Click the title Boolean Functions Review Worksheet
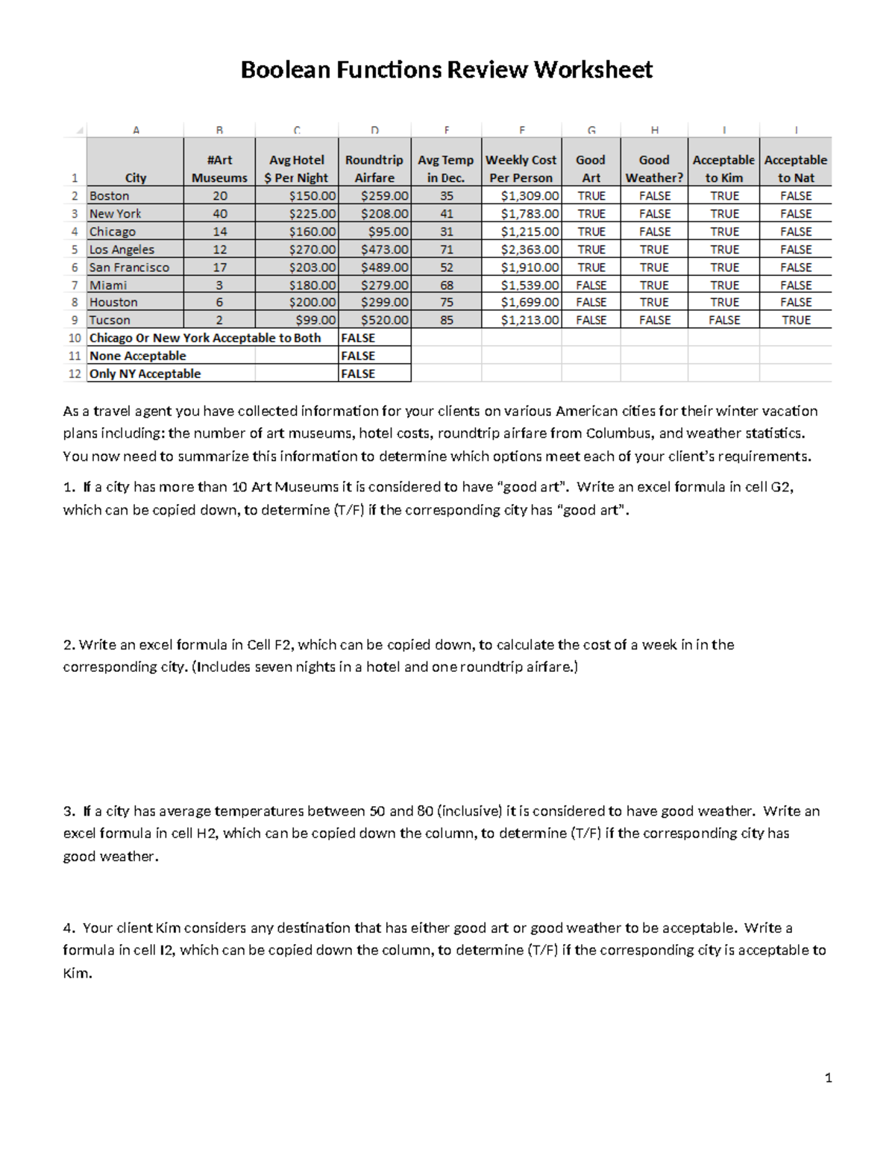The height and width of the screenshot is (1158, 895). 446,70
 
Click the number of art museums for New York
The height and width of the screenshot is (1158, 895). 219,214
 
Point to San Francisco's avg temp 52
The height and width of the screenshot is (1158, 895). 446,268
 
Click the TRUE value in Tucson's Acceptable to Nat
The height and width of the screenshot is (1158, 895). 795,321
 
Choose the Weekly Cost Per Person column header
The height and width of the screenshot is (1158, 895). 521,169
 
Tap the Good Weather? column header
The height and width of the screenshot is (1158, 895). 654,169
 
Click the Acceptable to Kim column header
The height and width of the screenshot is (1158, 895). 723,169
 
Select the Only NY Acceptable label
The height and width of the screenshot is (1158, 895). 145,374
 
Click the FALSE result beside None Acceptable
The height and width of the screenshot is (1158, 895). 358,356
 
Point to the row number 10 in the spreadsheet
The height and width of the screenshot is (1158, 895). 75,339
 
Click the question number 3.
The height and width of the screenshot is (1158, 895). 69,811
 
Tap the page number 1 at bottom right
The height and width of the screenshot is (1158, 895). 828,1077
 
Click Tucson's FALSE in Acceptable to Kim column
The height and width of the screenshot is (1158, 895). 723,321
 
